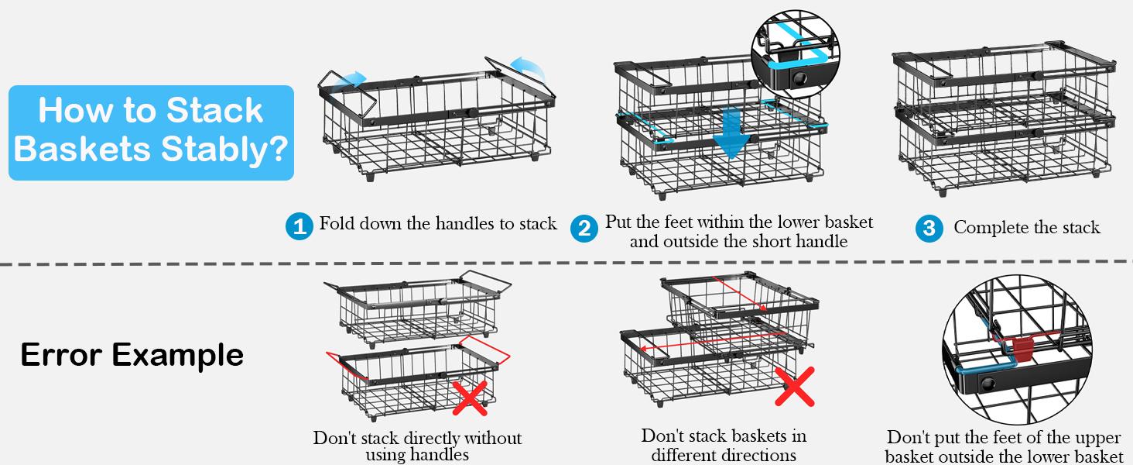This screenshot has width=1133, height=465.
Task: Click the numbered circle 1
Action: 299,226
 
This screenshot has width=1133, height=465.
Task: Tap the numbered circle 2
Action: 584,229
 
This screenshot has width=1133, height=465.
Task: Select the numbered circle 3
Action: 929,229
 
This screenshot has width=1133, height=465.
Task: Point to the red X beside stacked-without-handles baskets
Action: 470,397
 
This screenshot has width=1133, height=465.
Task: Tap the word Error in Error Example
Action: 61,355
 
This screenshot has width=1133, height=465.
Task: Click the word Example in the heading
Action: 177,355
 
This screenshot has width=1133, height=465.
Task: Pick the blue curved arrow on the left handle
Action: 352,79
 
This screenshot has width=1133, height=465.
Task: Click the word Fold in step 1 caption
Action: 336,224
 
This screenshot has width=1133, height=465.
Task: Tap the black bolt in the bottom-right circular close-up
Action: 989,384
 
